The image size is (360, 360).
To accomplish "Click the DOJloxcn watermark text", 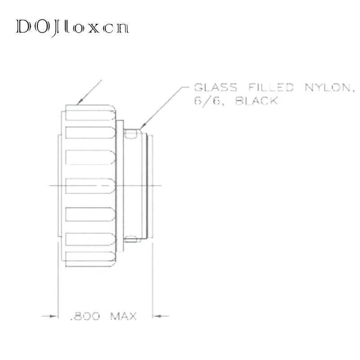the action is point(72,27).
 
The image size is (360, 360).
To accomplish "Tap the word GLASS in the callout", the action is point(216,87).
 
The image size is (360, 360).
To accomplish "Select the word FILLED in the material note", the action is point(271,87).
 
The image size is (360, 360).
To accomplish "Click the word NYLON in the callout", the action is point(328,87).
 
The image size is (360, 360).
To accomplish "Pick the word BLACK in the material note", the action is point(256,101).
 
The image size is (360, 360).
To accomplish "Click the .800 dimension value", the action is point(85,316).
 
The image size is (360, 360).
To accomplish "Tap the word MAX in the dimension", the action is point(123,316).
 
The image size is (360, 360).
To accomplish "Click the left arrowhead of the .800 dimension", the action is point(54,316).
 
